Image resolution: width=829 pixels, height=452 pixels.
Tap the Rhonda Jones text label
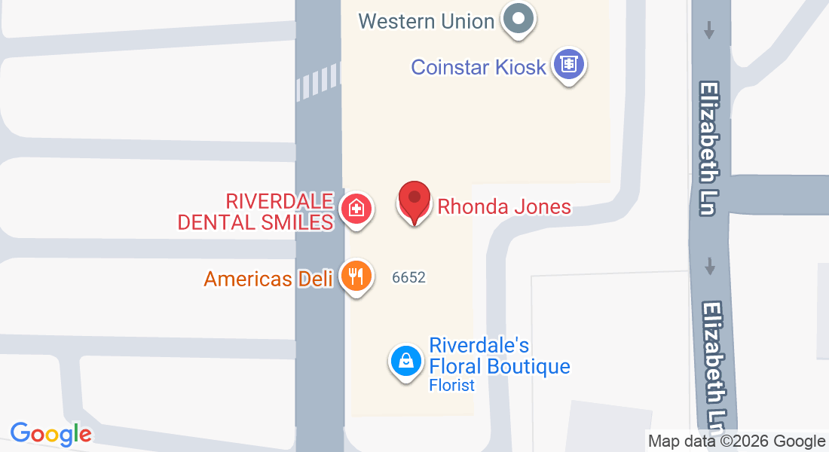point(504,206)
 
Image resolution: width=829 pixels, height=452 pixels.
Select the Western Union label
point(426,21)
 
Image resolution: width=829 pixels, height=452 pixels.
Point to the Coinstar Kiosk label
point(478,67)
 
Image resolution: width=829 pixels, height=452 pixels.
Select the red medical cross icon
point(355,208)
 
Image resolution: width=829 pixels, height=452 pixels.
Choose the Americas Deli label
point(268,279)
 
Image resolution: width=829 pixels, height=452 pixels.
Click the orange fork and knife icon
point(356,276)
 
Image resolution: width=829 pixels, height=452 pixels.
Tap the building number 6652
point(408,277)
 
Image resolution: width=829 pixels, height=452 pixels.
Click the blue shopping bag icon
point(405,361)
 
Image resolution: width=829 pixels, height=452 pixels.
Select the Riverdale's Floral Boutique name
point(499,356)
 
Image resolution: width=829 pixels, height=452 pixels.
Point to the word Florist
point(452,386)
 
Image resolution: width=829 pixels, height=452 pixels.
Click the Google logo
point(50,434)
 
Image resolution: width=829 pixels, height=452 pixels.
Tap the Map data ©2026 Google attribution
point(737,441)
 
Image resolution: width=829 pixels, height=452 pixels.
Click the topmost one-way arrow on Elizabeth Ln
point(709,30)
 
